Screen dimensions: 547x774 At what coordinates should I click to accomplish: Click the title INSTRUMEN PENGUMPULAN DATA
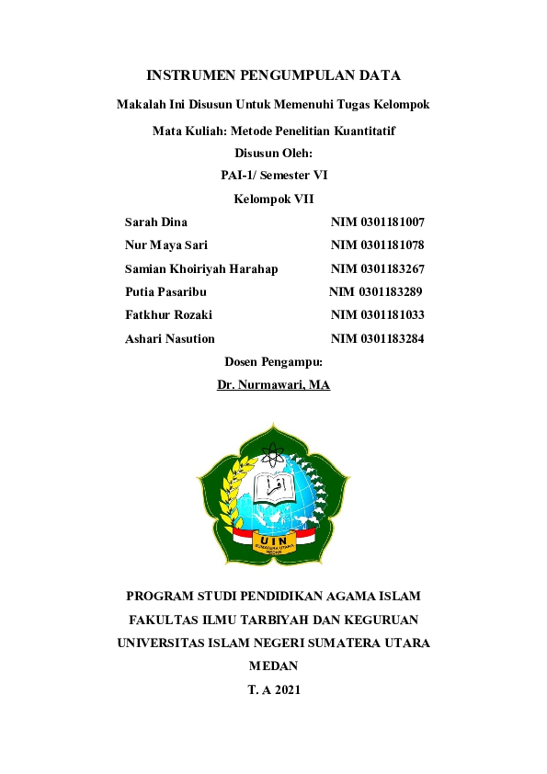click(273, 75)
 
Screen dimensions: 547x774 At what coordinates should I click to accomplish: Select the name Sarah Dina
click(156, 222)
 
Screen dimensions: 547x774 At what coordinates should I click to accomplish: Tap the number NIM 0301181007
click(377, 222)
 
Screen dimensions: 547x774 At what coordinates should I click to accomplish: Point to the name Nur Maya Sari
click(166, 245)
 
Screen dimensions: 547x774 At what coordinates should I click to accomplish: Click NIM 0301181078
click(377, 245)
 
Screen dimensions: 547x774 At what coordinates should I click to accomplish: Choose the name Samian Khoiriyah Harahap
click(201, 269)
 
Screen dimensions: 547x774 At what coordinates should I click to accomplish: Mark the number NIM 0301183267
click(377, 269)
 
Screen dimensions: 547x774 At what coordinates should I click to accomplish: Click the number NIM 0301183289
click(375, 292)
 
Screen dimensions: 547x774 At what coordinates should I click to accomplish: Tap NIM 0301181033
click(377, 315)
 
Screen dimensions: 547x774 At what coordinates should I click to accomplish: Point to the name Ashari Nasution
click(170, 339)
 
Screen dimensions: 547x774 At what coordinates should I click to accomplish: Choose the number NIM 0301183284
click(377, 339)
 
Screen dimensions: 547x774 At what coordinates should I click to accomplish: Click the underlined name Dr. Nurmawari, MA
click(273, 385)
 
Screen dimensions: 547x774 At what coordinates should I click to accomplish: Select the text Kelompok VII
click(273, 199)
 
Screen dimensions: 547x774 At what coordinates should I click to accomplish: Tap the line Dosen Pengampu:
click(273, 362)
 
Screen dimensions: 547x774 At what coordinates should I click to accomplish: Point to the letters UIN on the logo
click(273, 540)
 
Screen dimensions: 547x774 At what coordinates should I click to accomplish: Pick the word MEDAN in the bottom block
click(273, 666)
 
